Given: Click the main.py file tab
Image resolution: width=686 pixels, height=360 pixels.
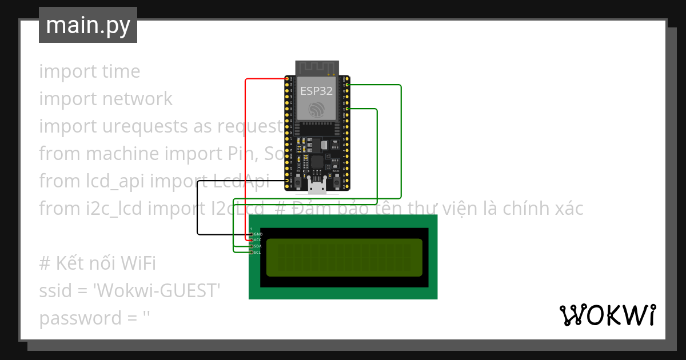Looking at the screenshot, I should [87, 25].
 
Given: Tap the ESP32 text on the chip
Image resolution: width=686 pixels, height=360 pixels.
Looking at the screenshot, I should [316, 90].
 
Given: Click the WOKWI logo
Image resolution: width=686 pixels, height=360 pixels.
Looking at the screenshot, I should [607, 315].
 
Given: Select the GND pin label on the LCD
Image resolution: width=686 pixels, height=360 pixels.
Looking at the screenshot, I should [258, 234].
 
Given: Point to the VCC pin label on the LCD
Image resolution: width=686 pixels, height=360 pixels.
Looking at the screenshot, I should [258, 240].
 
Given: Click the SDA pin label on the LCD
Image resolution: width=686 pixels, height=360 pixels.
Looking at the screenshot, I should [258, 246].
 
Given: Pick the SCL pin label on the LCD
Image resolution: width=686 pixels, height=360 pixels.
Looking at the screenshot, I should [258, 252].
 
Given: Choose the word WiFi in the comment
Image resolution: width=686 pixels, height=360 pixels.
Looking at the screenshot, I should [138, 263].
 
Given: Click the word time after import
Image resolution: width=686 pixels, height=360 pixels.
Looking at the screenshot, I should [121, 71].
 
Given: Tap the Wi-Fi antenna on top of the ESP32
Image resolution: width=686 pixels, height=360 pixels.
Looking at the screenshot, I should [317, 68].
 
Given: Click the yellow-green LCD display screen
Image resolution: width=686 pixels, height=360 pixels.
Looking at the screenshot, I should [344, 257].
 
